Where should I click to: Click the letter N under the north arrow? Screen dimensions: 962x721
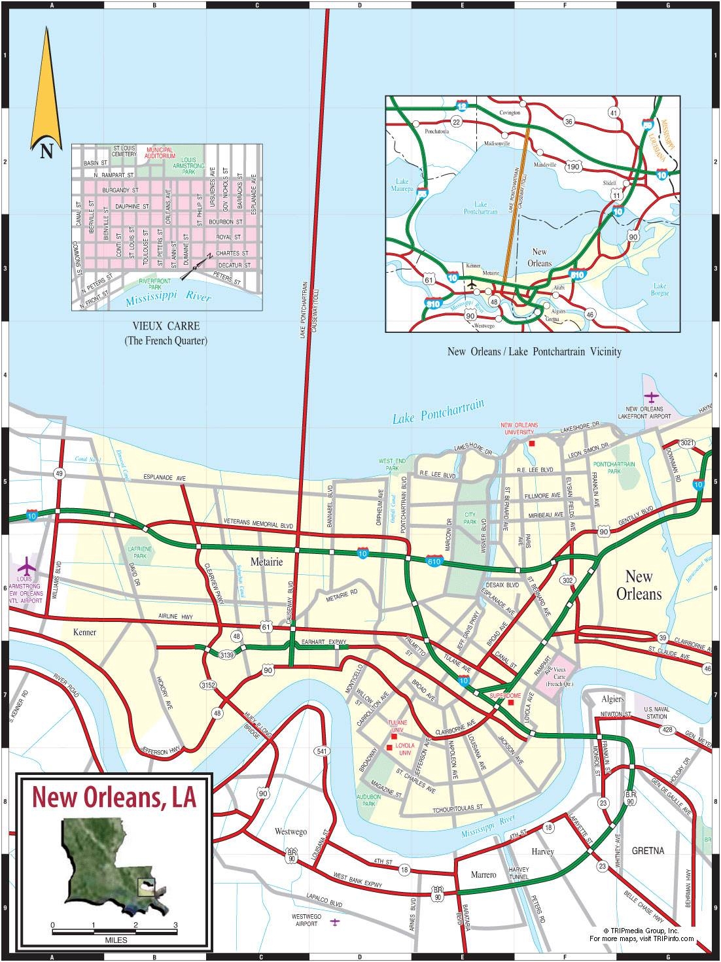coord(46,152)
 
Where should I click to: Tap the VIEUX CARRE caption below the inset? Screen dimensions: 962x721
coord(166,326)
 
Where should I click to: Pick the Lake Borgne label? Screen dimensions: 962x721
coord(659,289)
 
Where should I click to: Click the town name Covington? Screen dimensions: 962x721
coord(510,112)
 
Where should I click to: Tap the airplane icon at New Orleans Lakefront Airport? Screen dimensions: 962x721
coord(651,396)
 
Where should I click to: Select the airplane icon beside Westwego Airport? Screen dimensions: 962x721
coord(335,922)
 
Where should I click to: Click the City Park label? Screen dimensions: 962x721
coord(470,519)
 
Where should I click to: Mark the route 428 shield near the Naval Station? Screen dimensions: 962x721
coord(666,729)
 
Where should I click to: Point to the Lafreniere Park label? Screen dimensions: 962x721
coord(140,552)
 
